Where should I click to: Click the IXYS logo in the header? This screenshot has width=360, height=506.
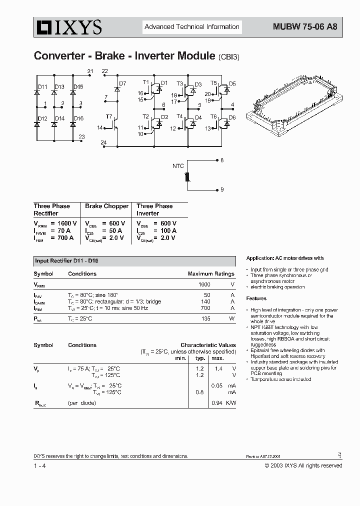pos(67,27)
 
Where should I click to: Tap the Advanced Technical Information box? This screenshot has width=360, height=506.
pos(192,27)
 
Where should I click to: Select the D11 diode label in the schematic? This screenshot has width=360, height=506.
pos(42,87)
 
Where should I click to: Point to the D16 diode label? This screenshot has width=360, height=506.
pos(78,118)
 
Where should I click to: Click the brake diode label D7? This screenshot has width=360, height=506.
pos(122,83)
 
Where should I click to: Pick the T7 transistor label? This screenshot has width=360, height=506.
pos(108,116)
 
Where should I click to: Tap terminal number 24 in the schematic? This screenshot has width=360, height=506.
pos(103,143)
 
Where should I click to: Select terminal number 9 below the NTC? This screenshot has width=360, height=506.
pos(222,190)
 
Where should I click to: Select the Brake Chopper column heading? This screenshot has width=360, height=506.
pos(106,206)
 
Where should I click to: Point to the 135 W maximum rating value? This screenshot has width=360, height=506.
pos(204,318)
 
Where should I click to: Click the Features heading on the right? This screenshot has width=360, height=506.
pos(256,298)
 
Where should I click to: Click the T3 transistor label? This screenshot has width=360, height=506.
pos(180,84)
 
